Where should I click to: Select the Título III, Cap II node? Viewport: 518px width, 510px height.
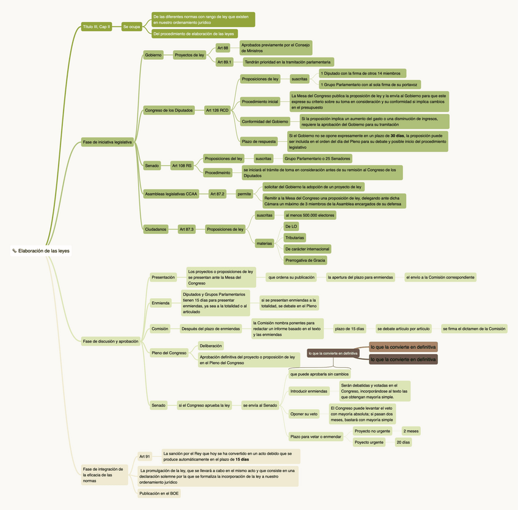[x=97, y=26]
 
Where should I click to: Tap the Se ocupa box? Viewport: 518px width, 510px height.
[x=131, y=26]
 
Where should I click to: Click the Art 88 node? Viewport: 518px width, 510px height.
[x=222, y=48]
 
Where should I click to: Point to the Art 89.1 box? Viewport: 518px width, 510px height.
[x=224, y=62]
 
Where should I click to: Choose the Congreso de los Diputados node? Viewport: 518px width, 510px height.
[x=169, y=111]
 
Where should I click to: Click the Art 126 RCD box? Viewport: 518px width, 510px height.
[x=217, y=111]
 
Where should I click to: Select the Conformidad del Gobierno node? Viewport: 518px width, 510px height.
[x=265, y=121]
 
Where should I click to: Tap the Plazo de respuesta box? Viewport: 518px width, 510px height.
[x=259, y=142]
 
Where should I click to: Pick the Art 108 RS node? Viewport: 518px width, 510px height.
[x=181, y=166]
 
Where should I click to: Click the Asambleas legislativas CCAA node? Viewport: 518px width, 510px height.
[x=171, y=194]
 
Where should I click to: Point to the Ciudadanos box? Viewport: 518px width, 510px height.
[x=155, y=229]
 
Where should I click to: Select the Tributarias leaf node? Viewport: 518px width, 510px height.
[x=295, y=238]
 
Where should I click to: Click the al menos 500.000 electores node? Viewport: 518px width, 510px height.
[x=310, y=215]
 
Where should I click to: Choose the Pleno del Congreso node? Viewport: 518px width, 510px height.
[x=169, y=353]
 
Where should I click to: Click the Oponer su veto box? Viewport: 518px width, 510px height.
[x=304, y=414]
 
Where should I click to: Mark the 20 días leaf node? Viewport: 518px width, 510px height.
[x=403, y=442]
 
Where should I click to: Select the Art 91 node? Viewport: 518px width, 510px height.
[x=144, y=456]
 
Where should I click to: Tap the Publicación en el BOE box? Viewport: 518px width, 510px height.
[x=159, y=493]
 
